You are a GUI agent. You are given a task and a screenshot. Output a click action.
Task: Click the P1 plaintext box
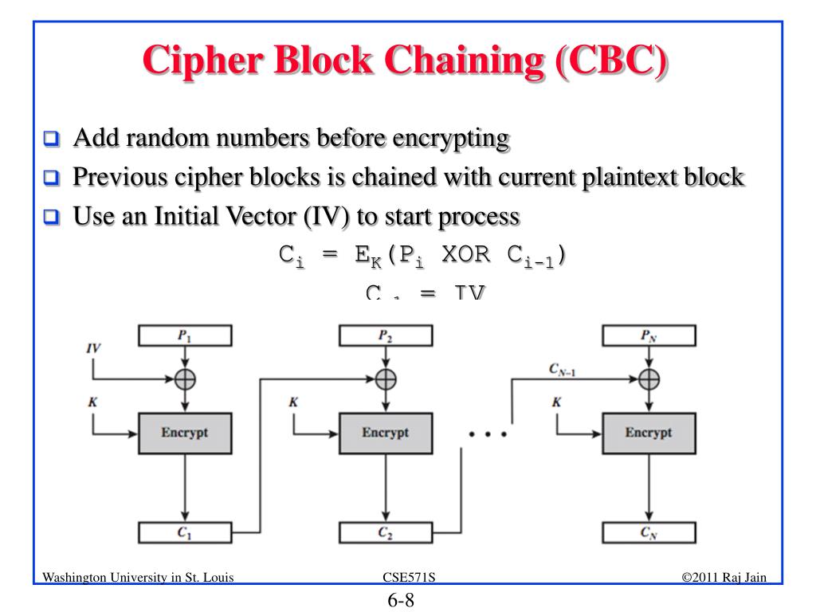point(185,336)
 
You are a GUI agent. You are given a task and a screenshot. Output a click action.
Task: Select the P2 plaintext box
point(386,336)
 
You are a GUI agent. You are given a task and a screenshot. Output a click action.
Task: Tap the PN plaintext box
point(649,336)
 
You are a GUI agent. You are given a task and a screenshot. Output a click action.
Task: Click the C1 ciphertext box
point(185,534)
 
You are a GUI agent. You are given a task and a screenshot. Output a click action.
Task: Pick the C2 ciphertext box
point(386,534)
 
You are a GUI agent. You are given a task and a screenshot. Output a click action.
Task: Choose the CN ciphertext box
point(649,534)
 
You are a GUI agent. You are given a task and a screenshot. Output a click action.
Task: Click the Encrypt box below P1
point(185,433)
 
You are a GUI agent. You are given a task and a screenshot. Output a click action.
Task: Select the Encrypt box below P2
point(386,433)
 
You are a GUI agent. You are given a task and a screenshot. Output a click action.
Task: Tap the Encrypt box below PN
point(649,433)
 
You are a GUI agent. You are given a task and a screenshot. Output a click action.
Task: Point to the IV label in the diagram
point(94,349)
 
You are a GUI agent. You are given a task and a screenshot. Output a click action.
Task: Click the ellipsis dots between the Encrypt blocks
point(488,435)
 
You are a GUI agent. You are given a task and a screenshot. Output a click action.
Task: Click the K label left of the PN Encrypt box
point(556,402)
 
